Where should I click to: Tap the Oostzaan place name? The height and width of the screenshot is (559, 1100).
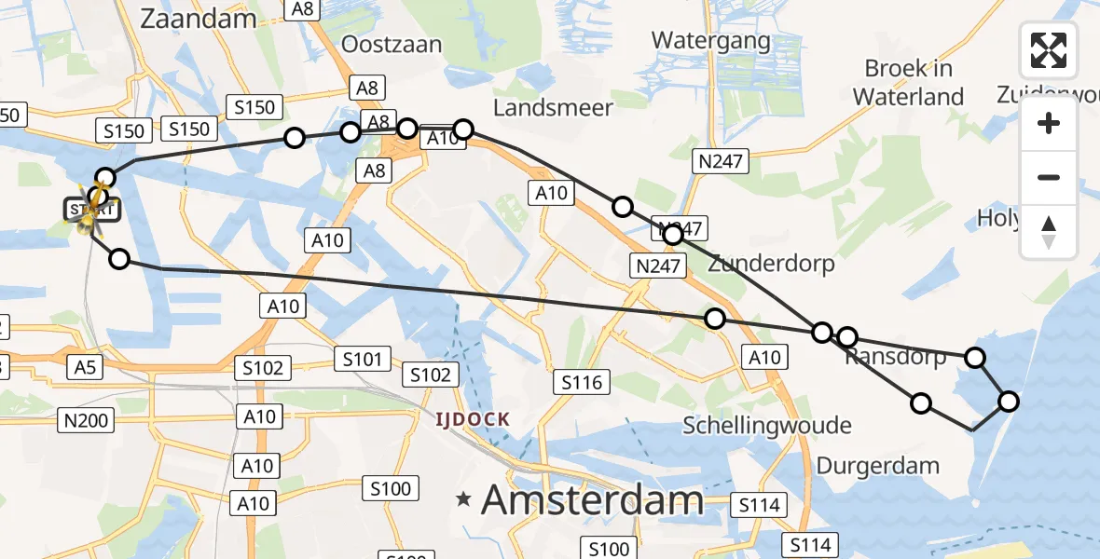click(391, 44)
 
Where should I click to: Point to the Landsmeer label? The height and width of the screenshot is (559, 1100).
click(553, 107)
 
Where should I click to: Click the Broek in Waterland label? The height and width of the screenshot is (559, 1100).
click(907, 82)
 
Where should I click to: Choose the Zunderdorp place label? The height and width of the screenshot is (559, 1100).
click(771, 263)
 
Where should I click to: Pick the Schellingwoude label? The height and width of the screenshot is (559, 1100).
click(766, 426)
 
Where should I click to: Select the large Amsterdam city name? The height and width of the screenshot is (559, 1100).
click(592, 500)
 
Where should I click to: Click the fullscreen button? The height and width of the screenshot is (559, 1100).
click(1049, 50)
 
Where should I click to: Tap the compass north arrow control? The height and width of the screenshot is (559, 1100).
click(1049, 232)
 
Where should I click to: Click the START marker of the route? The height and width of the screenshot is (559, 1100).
click(93, 210)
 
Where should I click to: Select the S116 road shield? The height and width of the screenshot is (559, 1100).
click(583, 381)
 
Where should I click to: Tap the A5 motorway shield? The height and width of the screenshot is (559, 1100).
click(85, 368)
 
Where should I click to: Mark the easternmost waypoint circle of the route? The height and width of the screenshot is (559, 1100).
click(1009, 402)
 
